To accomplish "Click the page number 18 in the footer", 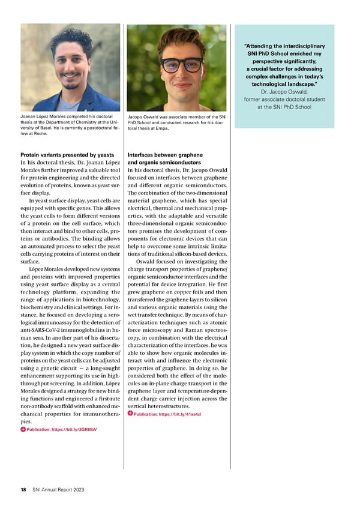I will click(23, 490).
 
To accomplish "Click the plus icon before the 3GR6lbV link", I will click(23, 429).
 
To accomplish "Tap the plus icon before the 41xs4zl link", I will click(130, 414).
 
